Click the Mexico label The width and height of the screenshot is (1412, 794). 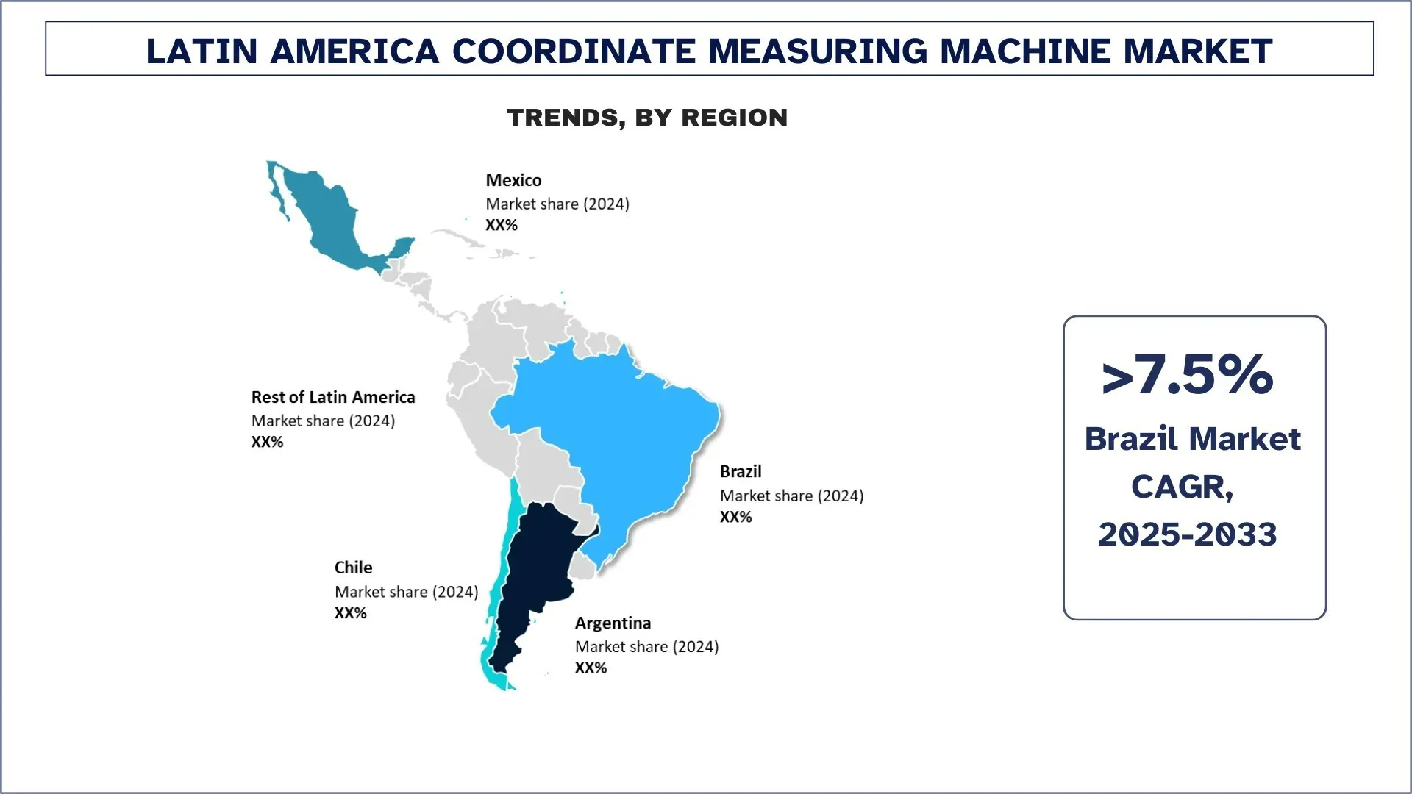click(x=513, y=180)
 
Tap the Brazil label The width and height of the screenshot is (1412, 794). click(x=741, y=471)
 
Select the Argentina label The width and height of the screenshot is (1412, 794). click(x=613, y=623)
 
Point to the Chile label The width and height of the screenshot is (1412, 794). click(x=353, y=568)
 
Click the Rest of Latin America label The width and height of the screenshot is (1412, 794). click(x=333, y=397)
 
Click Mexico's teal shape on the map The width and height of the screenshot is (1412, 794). click(x=331, y=221)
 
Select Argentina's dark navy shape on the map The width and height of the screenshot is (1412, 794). click(x=537, y=573)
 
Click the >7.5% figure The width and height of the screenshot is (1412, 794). click(x=1188, y=375)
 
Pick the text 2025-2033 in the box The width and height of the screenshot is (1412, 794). click(x=1188, y=534)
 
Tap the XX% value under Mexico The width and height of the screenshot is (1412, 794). click(x=502, y=225)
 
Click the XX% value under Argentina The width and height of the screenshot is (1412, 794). click(x=591, y=668)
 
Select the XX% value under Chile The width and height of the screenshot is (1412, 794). click(x=351, y=613)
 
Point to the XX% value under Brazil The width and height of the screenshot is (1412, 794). click(x=736, y=517)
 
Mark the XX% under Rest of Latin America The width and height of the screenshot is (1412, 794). click(x=268, y=442)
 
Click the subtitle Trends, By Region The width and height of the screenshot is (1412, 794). click(x=647, y=118)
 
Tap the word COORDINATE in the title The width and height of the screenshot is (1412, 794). click(x=574, y=51)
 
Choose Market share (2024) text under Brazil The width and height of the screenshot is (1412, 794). click(x=792, y=496)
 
